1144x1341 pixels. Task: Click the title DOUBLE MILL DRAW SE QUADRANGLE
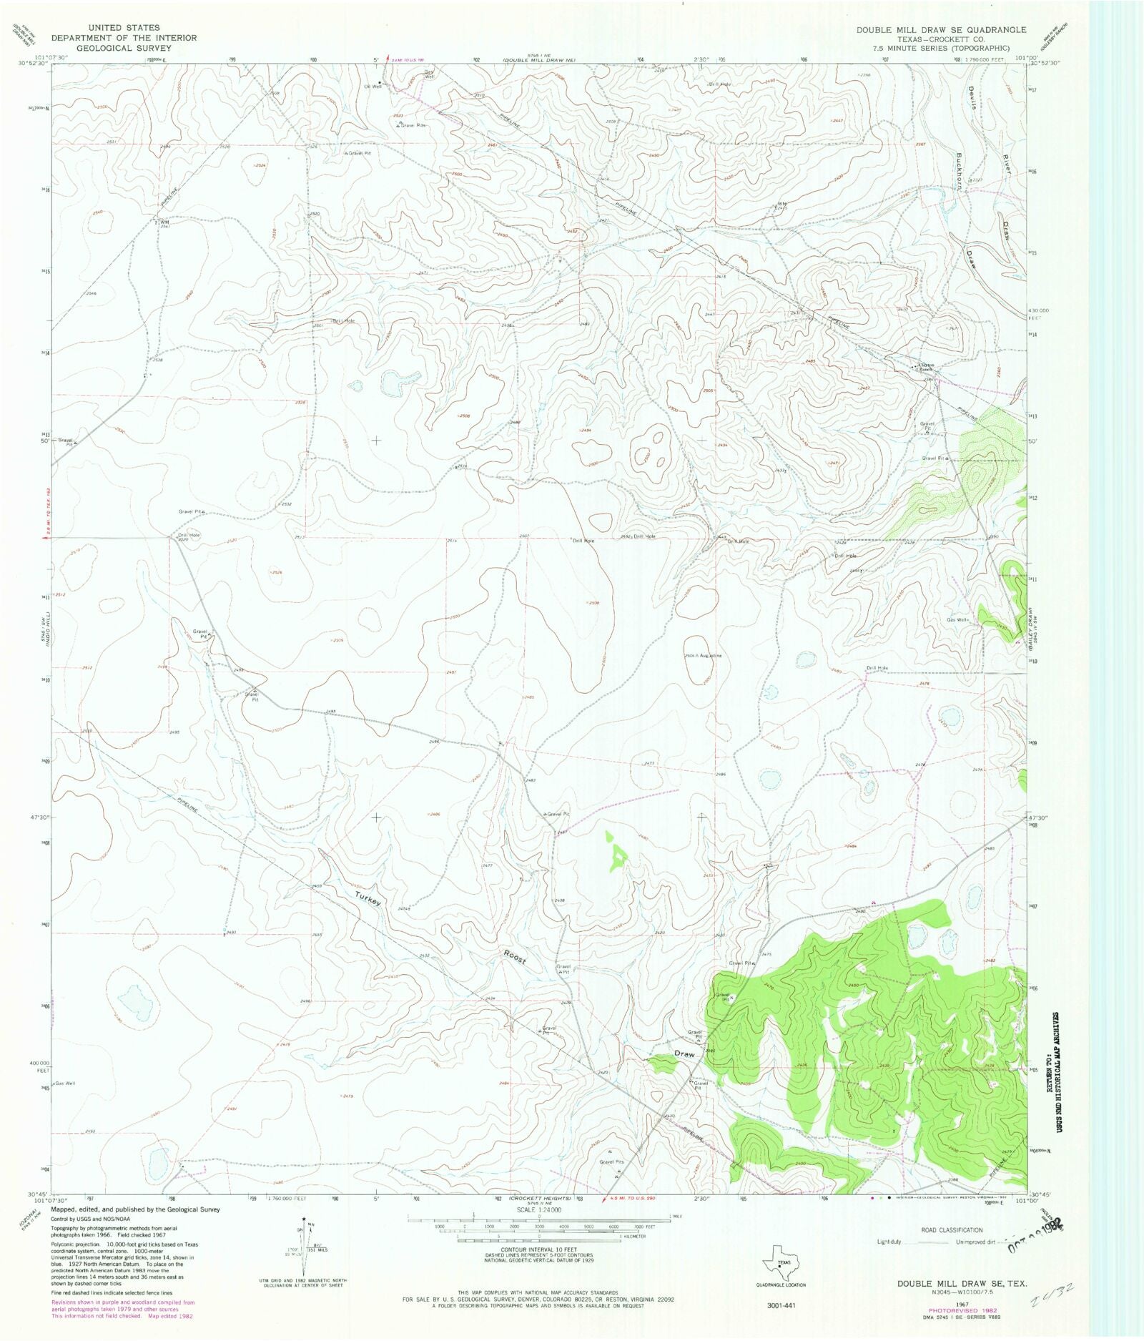942,29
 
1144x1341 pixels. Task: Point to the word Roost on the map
514,957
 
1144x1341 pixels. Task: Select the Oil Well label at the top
373,86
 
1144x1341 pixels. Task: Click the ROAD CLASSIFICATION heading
952,1230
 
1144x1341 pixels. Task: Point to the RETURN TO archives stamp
1053,1073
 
